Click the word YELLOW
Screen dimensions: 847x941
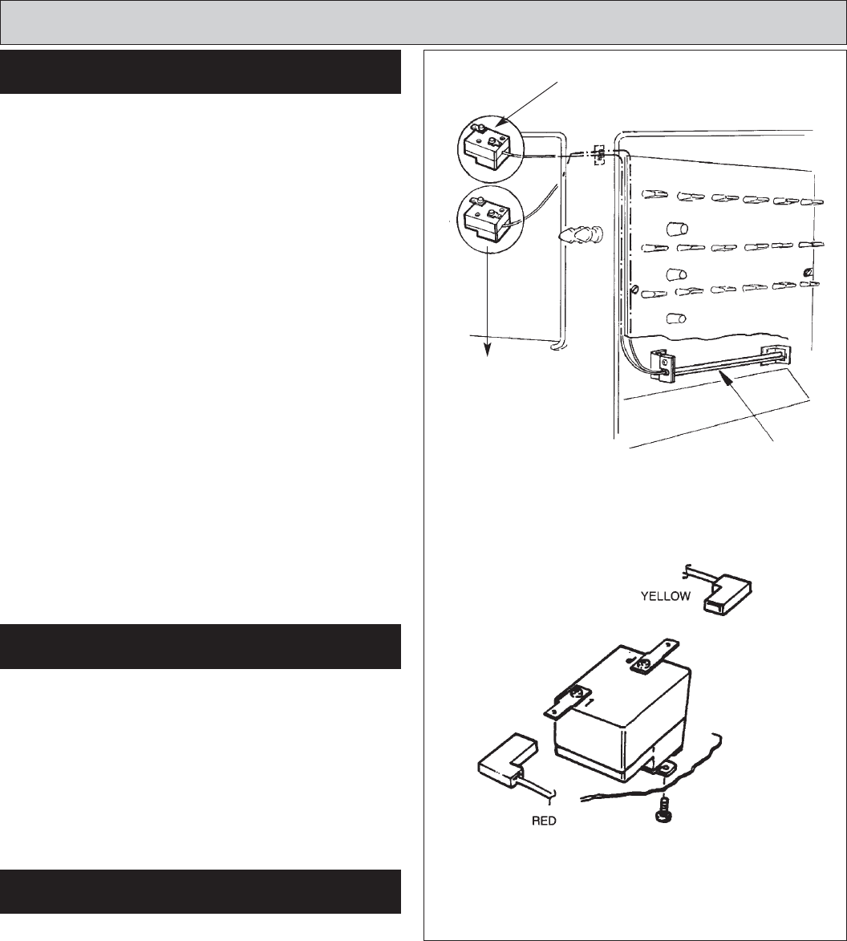point(666,596)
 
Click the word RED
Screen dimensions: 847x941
point(544,821)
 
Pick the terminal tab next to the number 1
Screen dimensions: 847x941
point(565,700)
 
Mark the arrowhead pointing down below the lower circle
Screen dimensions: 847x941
point(488,351)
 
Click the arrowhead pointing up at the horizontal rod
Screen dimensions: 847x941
point(727,377)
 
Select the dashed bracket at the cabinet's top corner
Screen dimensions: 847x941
point(598,154)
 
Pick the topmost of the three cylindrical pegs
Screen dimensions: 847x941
point(677,229)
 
